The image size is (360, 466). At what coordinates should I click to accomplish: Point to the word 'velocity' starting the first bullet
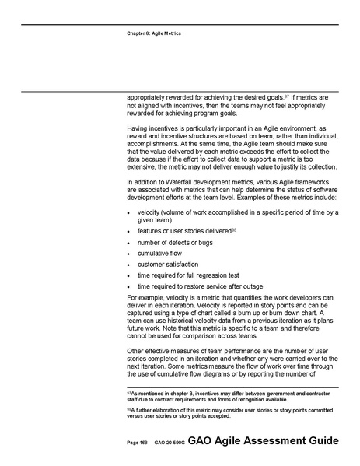[x=149, y=212]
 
